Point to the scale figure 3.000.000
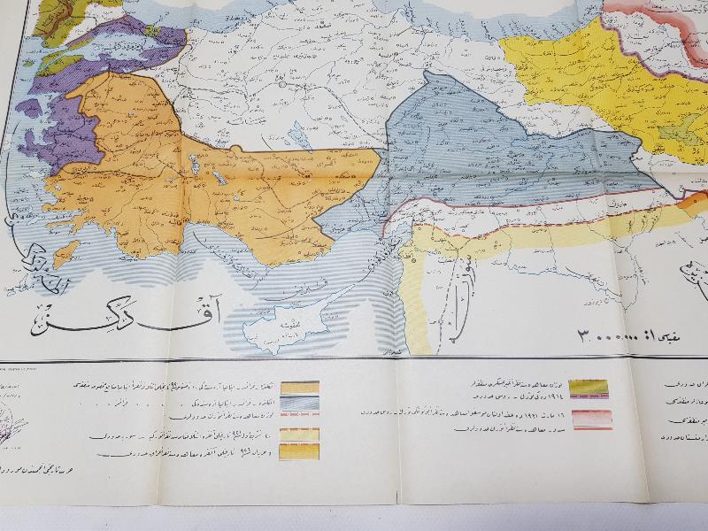click(611, 337)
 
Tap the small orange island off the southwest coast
click(65, 251)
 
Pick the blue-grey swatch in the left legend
click(300, 404)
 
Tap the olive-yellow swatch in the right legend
click(585, 388)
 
